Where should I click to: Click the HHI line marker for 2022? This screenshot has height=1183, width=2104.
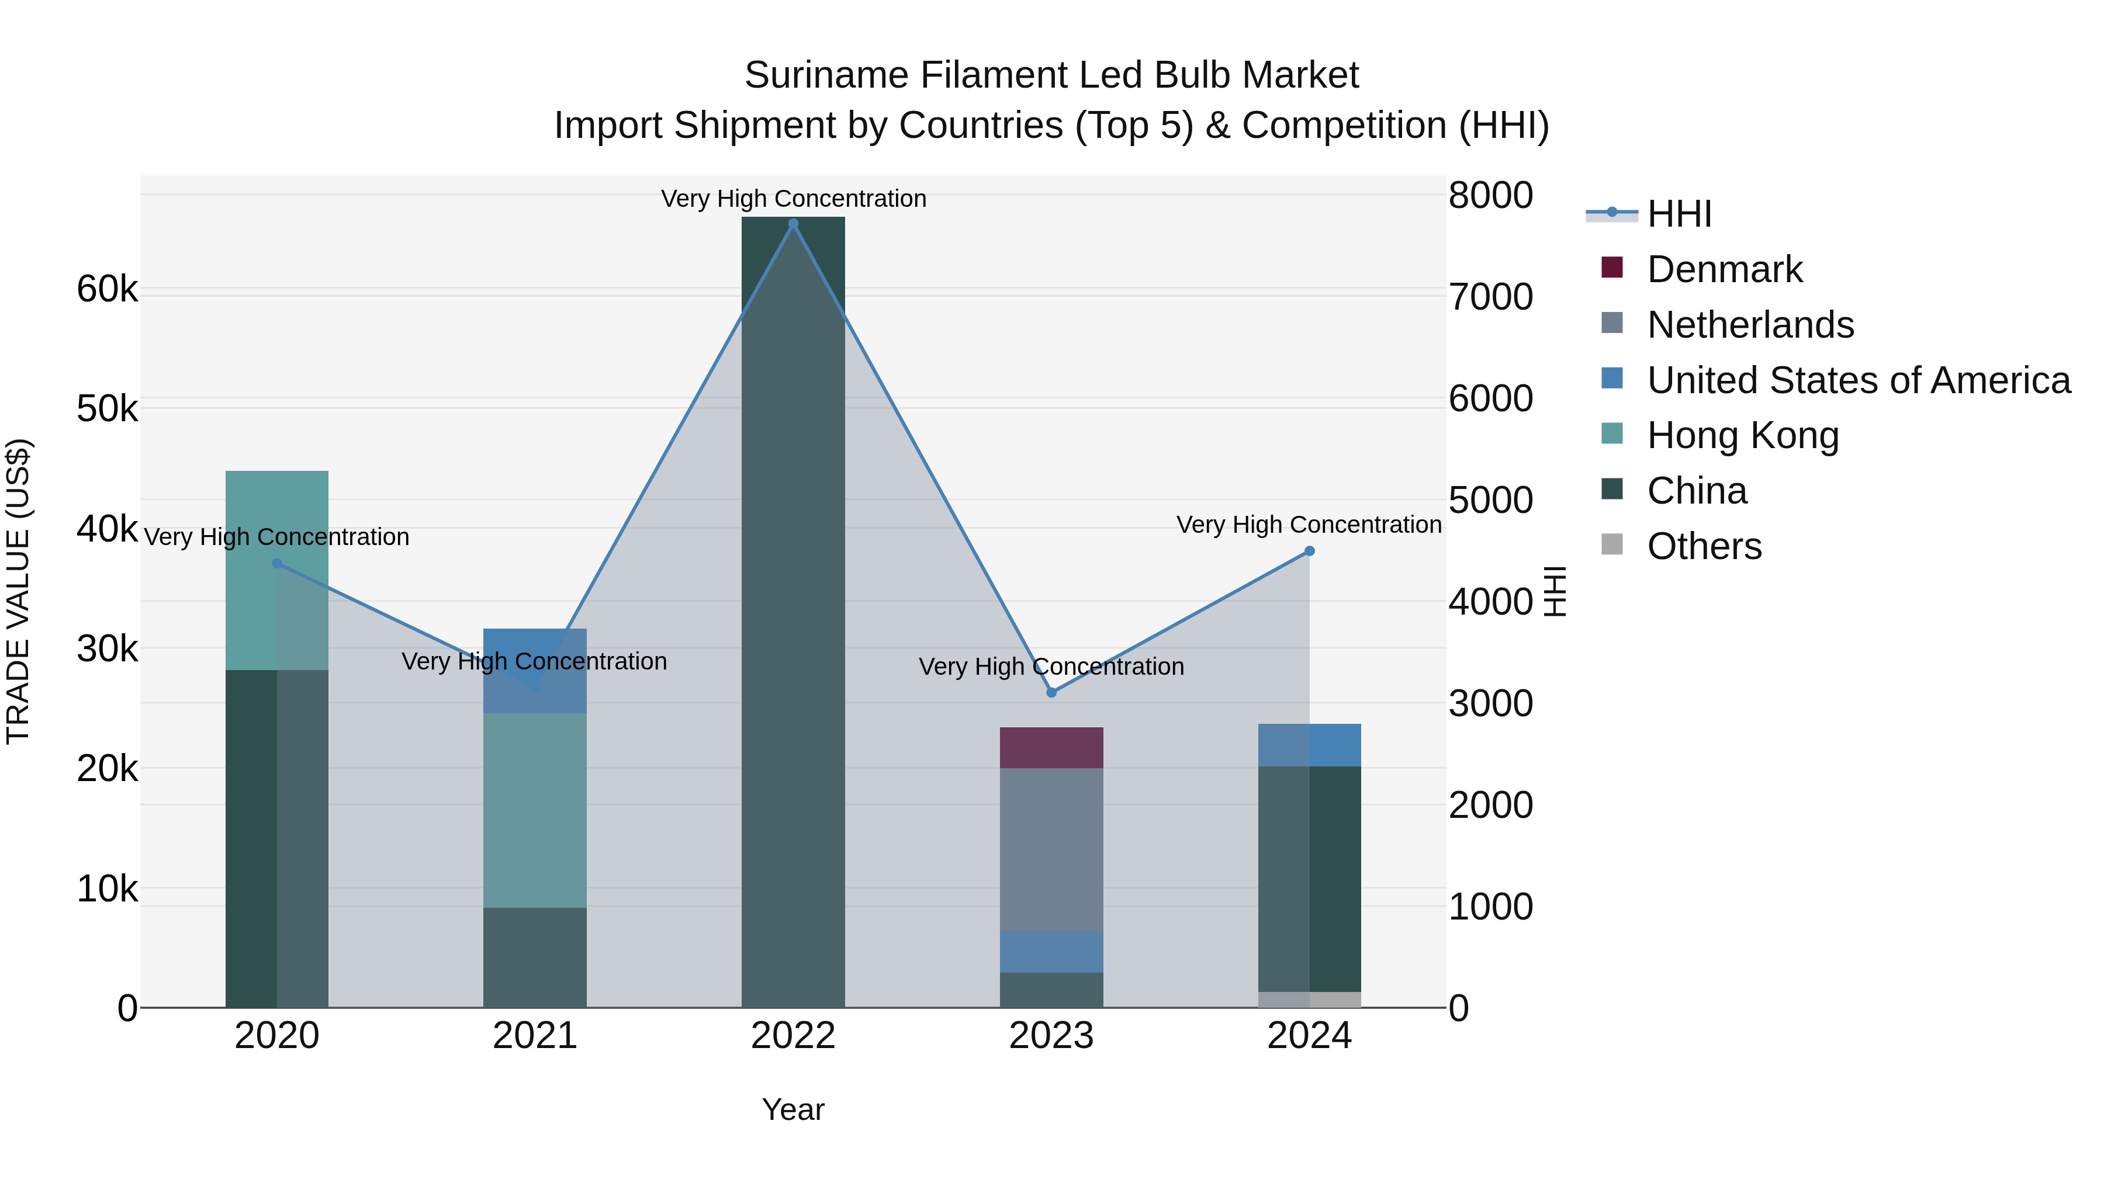[793, 224]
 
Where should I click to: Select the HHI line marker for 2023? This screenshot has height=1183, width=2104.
[1051, 692]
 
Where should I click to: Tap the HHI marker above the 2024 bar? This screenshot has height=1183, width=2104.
[1309, 551]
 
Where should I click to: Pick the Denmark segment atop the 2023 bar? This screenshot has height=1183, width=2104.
[1051, 747]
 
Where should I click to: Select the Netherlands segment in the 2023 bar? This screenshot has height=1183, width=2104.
[1051, 849]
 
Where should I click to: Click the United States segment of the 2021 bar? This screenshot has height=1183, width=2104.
[535, 645]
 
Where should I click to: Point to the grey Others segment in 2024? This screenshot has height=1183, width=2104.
[1309, 1000]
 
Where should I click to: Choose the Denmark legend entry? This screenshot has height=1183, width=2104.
[1724, 269]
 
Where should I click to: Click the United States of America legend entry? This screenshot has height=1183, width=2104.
[1858, 380]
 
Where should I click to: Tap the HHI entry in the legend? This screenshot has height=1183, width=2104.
[1679, 214]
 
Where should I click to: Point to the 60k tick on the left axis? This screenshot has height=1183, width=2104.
[107, 289]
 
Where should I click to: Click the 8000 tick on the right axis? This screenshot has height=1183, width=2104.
[1490, 195]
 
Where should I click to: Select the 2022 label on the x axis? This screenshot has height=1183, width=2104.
[793, 1036]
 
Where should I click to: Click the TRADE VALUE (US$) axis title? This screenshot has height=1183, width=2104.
[18, 591]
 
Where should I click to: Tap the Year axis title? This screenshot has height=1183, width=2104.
[793, 1109]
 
